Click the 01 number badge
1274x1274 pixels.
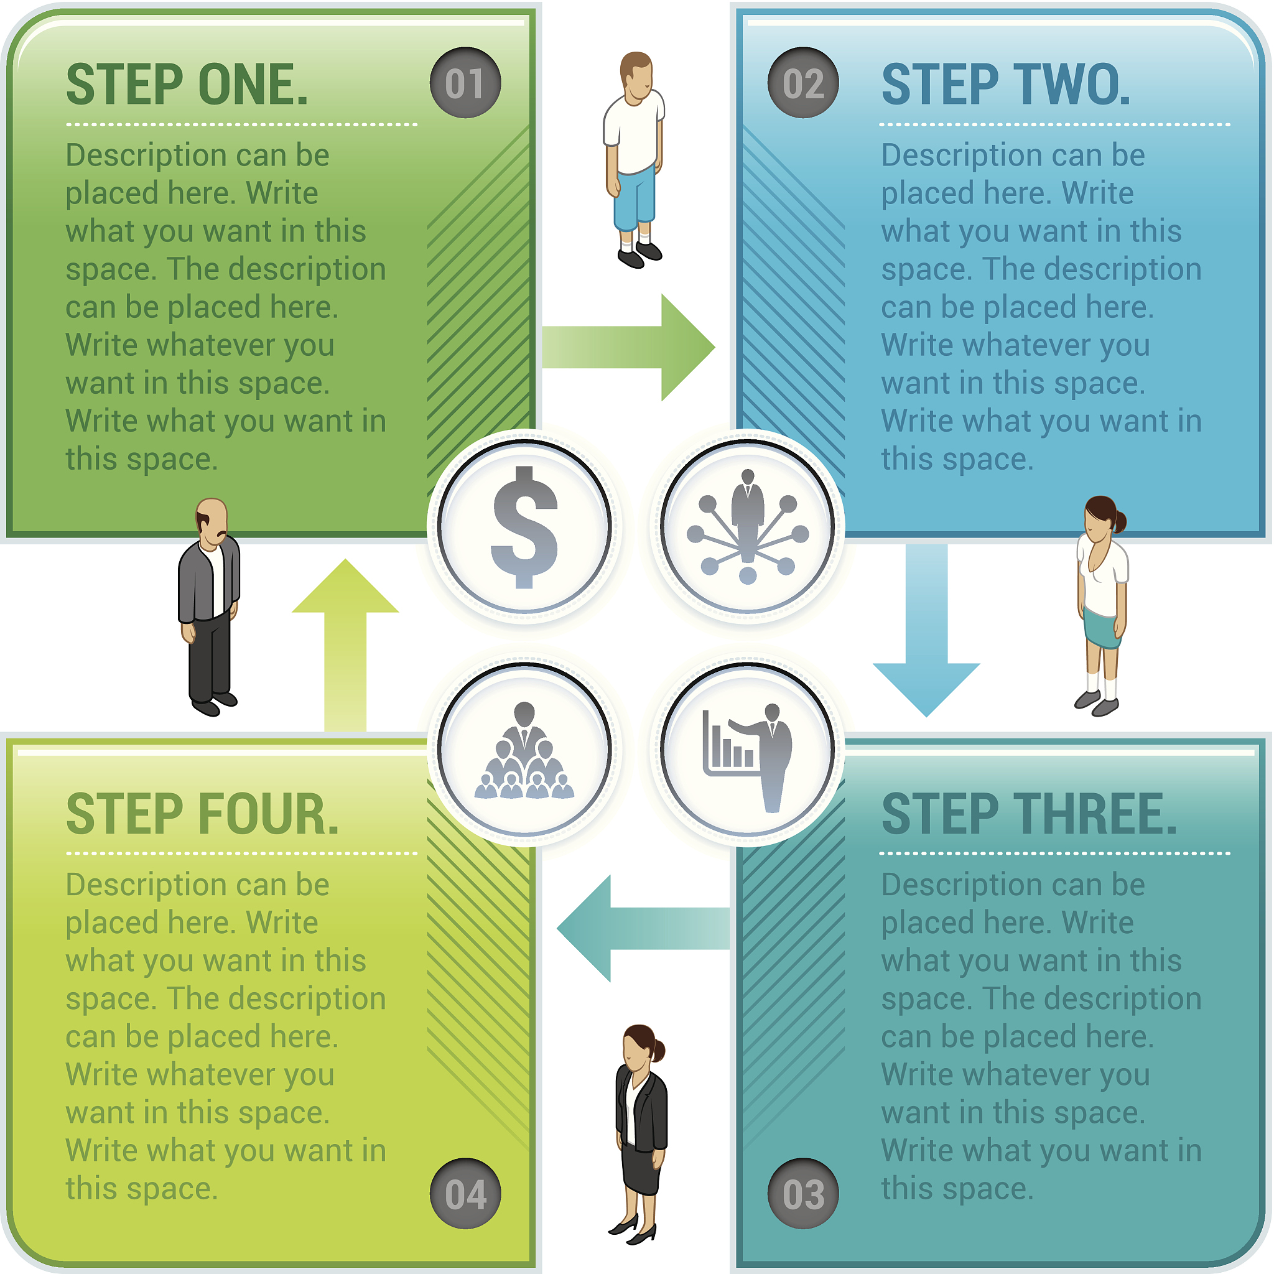465,83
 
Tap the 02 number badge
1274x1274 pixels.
803,83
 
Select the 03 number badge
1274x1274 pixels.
803,1194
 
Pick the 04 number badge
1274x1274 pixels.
465,1194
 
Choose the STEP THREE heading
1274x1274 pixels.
1029,815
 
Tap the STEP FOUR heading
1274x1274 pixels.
202,815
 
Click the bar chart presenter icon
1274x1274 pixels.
748,751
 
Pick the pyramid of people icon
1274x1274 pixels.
525,751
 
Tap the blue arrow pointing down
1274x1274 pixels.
926,633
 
